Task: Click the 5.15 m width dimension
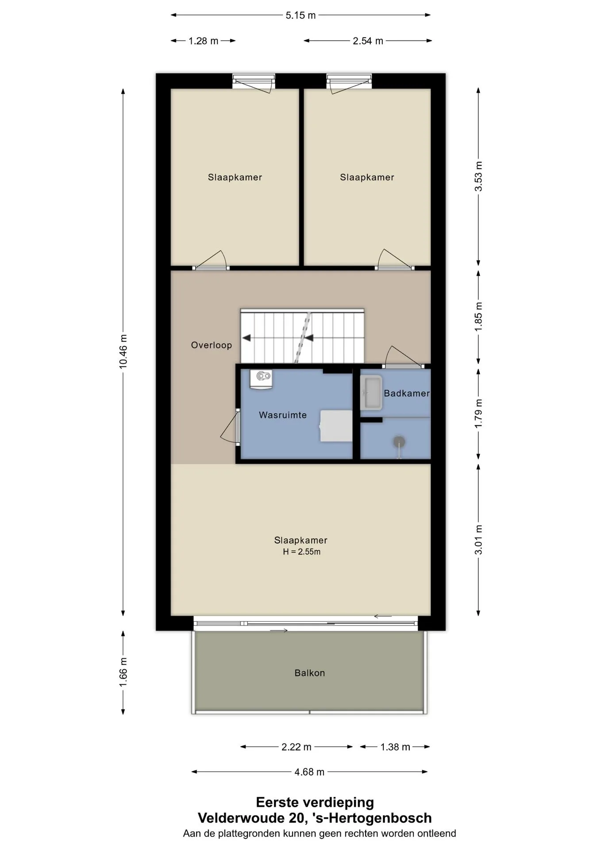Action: (x=300, y=15)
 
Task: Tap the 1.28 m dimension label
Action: (x=204, y=41)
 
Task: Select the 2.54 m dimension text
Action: (x=368, y=41)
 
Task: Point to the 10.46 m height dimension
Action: (x=123, y=352)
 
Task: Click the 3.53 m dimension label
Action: (x=478, y=176)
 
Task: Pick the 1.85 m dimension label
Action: (x=478, y=317)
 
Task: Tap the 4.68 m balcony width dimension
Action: (x=309, y=772)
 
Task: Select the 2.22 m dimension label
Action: (x=297, y=747)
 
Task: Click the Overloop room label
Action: (x=212, y=345)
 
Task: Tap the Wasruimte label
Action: (x=283, y=415)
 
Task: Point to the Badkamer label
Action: (x=407, y=393)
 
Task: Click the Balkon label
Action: (x=310, y=673)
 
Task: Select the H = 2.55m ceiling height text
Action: (x=302, y=552)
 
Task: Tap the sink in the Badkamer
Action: (x=371, y=393)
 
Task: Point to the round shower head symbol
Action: (x=399, y=442)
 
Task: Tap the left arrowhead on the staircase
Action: (x=246, y=338)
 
